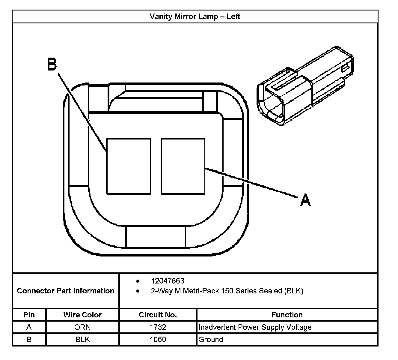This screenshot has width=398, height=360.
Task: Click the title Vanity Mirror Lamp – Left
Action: [x=195, y=16]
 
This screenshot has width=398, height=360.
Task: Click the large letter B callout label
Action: [x=52, y=64]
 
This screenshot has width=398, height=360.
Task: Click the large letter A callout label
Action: [x=305, y=200]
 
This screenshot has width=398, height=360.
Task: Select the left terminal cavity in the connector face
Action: [x=129, y=166]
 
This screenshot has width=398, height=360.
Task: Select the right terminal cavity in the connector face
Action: [x=183, y=166]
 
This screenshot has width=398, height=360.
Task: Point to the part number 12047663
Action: [x=168, y=281]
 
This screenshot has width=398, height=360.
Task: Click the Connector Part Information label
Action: [x=66, y=291]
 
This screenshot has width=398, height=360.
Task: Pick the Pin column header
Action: [x=29, y=315]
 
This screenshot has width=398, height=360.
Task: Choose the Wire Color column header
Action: [x=82, y=315]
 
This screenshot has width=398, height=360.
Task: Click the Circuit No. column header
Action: [x=158, y=315]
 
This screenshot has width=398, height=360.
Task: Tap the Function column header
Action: [x=287, y=315]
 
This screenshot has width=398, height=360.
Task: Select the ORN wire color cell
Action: [x=82, y=327]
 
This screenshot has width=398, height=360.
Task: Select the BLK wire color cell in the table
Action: [x=82, y=339]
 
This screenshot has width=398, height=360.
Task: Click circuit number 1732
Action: [x=158, y=327]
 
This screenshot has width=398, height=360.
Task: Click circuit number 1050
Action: [x=158, y=339]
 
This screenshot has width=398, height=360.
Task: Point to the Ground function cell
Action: [x=211, y=340]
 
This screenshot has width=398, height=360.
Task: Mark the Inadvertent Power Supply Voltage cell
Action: [x=255, y=327]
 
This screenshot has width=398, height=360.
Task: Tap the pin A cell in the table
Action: [x=29, y=327]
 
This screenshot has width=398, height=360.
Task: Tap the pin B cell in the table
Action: [x=29, y=339]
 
